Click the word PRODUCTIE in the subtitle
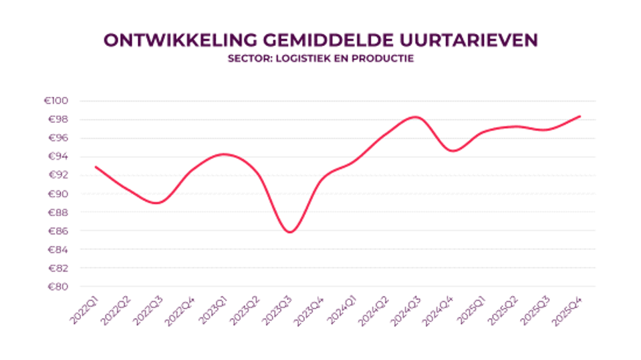pyautogui.click(x=384, y=59)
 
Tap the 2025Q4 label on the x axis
pyautogui.click(x=568, y=309)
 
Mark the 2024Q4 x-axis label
pyautogui.click(x=439, y=309)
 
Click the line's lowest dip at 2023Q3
pyautogui.click(x=289, y=232)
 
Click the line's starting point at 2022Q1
pyautogui.click(x=96, y=166)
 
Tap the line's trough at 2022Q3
pyautogui.click(x=158, y=202)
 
